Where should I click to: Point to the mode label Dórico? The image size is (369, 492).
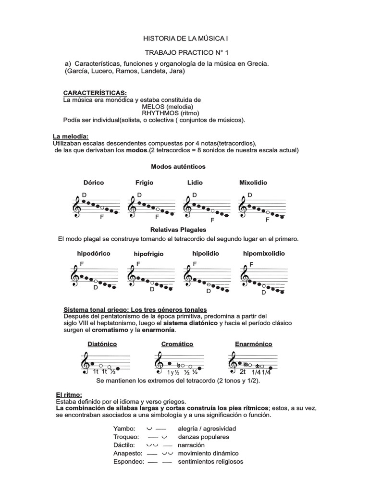[x=93, y=183]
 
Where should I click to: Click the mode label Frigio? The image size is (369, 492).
[x=144, y=183]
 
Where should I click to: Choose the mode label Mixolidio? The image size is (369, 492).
[x=253, y=183]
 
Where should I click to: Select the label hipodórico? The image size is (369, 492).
[x=94, y=253]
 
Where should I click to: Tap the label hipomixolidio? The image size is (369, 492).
[x=264, y=253]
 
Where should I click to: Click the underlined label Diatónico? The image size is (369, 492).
[x=102, y=344]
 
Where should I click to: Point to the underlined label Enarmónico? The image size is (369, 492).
[x=253, y=344]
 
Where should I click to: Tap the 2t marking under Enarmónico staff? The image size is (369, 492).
[x=243, y=371]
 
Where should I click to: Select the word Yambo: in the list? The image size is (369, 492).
[x=124, y=428]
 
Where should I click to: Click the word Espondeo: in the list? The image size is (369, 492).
[x=129, y=461]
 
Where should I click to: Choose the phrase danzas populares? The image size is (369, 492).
[x=204, y=437]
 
